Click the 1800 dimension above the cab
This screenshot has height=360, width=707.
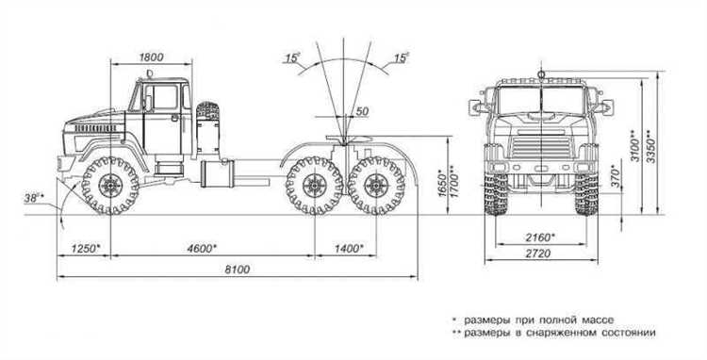[151, 57]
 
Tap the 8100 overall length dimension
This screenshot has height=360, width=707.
[238, 270]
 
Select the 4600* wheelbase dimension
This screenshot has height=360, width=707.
[203, 248]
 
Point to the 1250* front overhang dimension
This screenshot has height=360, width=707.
[85, 248]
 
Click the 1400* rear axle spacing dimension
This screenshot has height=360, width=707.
[349, 248]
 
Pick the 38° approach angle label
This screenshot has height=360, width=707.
[34, 197]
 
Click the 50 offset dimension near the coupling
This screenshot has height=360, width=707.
[362, 111]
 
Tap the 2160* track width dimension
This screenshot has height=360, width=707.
[540, 237]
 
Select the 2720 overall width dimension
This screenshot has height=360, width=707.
[538, 254]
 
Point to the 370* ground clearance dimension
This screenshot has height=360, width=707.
[615, 176]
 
